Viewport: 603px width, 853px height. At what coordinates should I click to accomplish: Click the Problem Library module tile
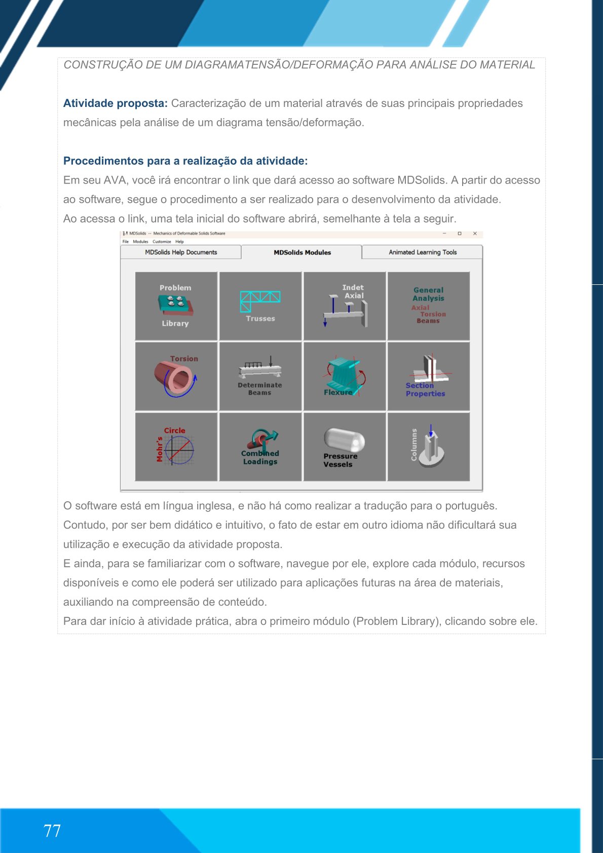pyautogui.click(x=176, y=306)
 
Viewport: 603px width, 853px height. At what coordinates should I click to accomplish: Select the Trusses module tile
pyautogui.click(x=260, y=306)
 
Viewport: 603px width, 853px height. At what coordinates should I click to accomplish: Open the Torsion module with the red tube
pyautogui.click(x=176, y=376)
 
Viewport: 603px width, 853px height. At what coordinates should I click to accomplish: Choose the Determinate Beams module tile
pyautogui.click(x=260, y=376)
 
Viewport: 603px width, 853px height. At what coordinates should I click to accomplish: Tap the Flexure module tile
pyautogui.click(x=345, y=376)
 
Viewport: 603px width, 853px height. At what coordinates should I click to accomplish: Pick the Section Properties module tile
pyautogui.click(x=428, y=376)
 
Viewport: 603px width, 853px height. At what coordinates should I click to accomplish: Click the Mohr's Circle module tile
pyautogui.click(x=176, y=447)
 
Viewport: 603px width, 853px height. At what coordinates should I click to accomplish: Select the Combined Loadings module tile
pyautogui.click(x=260, y=447)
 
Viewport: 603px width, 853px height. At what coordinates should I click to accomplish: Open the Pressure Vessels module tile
pyautogui.click(x=345, y=447)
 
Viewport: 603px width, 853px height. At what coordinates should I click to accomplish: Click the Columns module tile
pyautogui.click(x=428, y=447)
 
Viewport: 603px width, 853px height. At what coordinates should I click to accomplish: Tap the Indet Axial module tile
pyautogui.click(x=345, y=306)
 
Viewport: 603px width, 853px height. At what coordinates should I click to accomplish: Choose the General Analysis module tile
pyautogui.click(x=428, y=306)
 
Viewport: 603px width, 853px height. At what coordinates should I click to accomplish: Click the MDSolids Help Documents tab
pyautogui.click(x=181, y=252)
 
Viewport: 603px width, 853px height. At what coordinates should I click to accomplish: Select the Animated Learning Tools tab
pyautogui.click(x=423, y=252)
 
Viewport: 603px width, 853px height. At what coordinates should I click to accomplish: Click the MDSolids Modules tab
pyautogui.click(x=302, y=252)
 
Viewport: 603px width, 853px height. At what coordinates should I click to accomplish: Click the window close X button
pyautogui.click(x=475, y=234)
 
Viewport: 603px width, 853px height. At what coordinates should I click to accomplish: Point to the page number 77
pyautogui.click(x=52, y=831)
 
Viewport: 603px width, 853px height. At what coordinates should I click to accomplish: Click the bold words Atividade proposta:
pyautogui.click(x=115, y=103)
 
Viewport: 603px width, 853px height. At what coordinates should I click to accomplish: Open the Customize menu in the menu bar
pyautogui.click(x=162, y=242)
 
